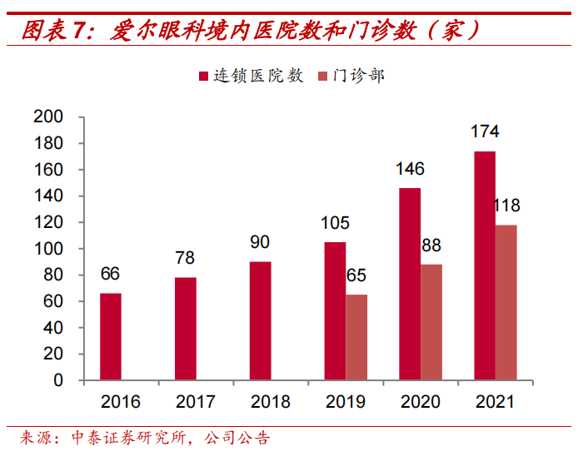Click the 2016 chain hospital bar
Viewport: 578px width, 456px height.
click(x=111, y=336)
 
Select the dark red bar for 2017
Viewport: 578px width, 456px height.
click(x=186, y=329)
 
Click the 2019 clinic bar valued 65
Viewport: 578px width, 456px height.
click(x=356, y=337)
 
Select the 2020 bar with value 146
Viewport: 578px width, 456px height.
click(x=410, y=284)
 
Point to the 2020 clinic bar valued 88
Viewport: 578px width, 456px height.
click(x=431, y=322)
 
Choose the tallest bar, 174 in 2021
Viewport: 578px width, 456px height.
click(x=485, y=265)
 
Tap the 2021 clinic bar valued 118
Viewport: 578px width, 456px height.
click(x=506, y=302)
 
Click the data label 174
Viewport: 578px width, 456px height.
click(x=485, y=131)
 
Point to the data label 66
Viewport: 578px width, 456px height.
click(x=111, y=274)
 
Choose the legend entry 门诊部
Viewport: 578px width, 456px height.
click(x=351, y=76)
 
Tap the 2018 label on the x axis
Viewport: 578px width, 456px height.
click(x=271, y=402)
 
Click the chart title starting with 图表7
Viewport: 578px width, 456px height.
click(x=250, y=31)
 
